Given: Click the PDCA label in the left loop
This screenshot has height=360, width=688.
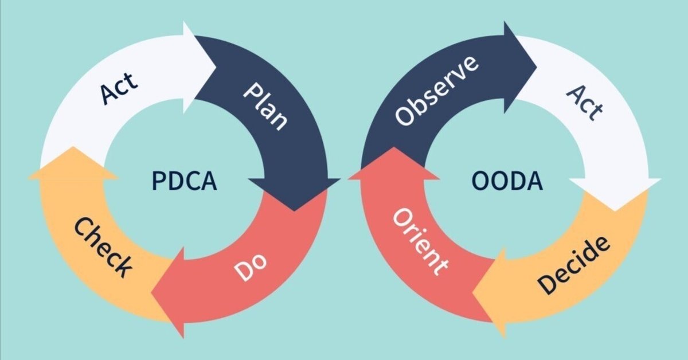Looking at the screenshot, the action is coord(184,181).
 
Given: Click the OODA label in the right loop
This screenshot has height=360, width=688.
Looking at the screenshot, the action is coord(507,181).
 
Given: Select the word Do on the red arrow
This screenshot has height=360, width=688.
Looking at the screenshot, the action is coord(251,267).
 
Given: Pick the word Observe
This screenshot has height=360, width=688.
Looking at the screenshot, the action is coord(436,91).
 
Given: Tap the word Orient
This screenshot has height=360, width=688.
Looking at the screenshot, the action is coord(420,242).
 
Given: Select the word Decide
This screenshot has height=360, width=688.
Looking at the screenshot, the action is coord(573,265).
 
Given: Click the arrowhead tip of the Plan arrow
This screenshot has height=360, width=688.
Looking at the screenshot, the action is coord(294,212).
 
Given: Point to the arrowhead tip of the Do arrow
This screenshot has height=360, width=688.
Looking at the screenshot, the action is coord(151,292).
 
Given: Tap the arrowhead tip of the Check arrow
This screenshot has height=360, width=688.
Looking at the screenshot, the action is coord(73,147).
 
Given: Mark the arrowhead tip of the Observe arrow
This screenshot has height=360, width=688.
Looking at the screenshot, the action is coord(537,67).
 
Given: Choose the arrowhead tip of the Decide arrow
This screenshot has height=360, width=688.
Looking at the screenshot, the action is coord(472,292).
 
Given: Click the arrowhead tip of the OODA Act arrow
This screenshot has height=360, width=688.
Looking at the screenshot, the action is coord(615,212).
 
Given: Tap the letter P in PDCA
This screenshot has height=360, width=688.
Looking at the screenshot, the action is coord(158,181).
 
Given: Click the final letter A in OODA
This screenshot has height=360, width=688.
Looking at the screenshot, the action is coord(535,181).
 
